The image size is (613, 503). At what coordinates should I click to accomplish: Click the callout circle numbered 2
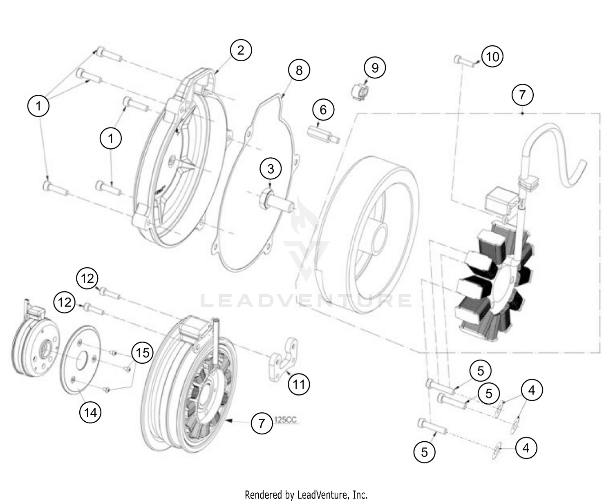[x=241, y=50]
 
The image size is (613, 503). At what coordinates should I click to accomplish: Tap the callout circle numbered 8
[x=299, y=70]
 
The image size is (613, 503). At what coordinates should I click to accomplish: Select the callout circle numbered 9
[x=375, y=67]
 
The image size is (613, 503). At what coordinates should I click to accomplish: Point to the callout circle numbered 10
[x=492, y=56]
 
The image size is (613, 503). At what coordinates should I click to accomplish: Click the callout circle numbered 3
[x=271, y=168]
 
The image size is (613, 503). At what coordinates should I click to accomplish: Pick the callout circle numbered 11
[x=299, y=384]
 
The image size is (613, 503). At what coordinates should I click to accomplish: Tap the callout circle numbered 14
[x=90, y=412]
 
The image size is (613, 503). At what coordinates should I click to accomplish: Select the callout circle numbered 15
[x=142, y=352]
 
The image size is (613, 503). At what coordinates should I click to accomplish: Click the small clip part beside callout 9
[x=360, y=92]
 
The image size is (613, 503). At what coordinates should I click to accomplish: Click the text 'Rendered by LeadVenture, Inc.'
[x=306, y=495]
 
